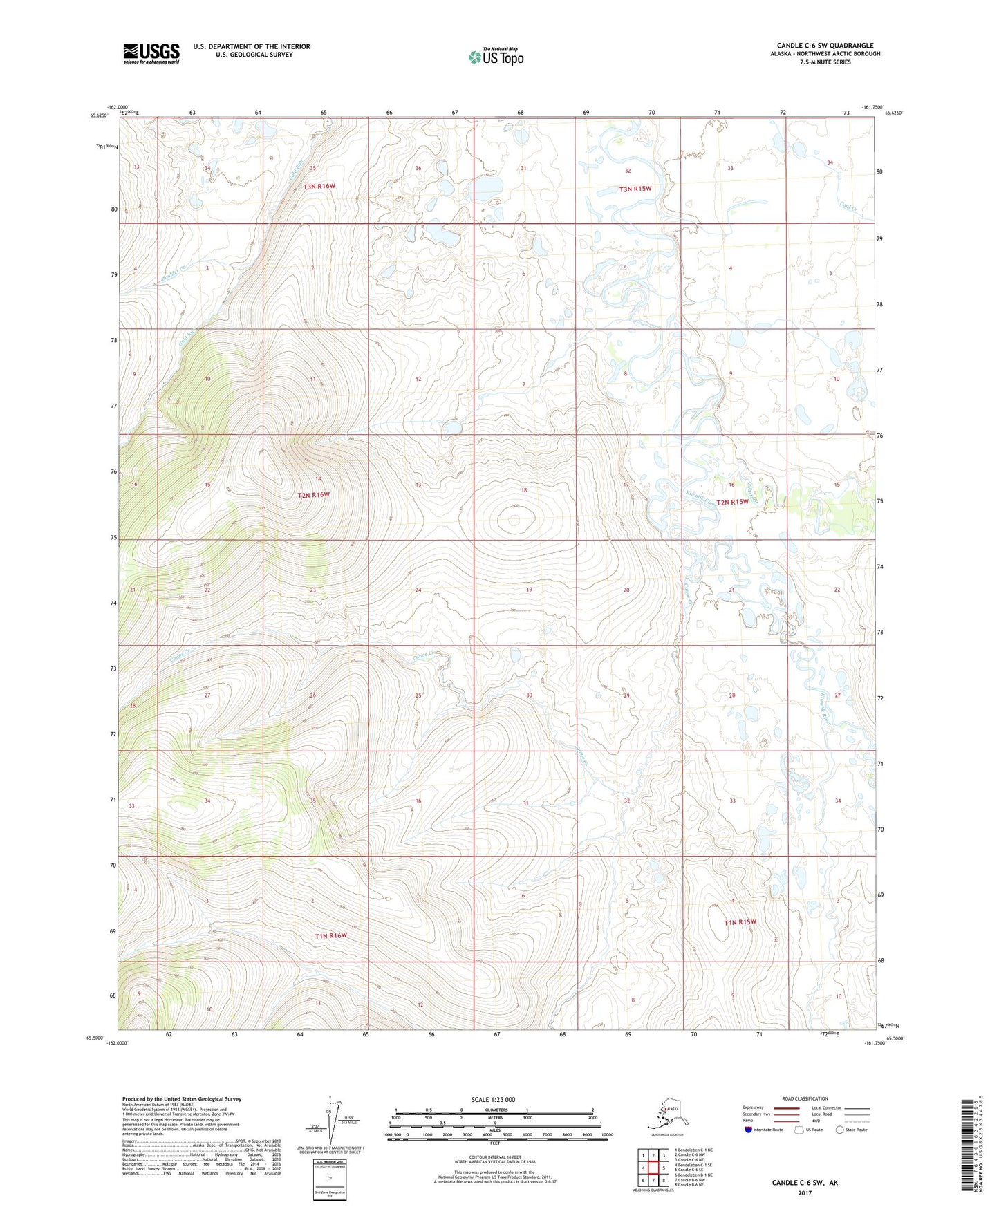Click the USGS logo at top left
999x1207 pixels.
[x=151, y=53]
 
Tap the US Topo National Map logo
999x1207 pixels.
[x=495, y=56]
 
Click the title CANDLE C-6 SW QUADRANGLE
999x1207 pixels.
[x=824, y=46]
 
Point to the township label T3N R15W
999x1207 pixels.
[x=635, y=189]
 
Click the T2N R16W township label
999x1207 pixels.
[x=314, y=495]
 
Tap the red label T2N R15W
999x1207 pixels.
[x=732, y=502]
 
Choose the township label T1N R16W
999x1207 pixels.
[x=330, y=935]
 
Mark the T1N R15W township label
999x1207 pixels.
[x=740, y=922]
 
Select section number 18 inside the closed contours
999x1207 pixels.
[x=524, y=490]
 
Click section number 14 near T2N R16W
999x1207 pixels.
[x=318, y=479]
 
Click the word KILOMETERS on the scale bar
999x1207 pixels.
[x=493, y=1110]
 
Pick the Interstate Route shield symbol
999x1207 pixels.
[x=749, y=1130]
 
